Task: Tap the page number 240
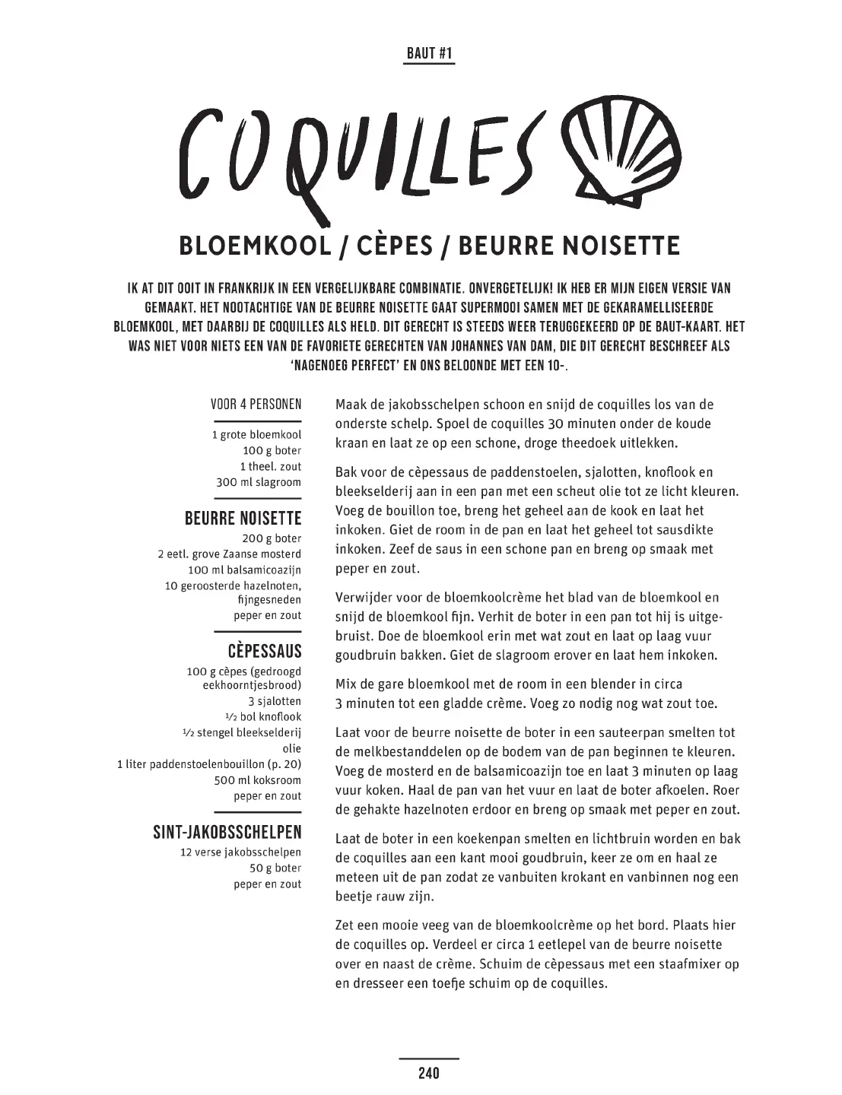coord(429,1073)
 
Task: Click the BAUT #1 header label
coord(429,53)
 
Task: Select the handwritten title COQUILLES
coord(361,160)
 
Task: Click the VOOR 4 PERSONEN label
coord(256,405)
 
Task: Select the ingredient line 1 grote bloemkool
coord(256,435)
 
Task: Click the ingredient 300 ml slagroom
coord(259,482)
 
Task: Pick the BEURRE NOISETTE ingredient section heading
coord(243,519)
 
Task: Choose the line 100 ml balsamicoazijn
coord(244,570)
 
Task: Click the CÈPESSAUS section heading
coord(264,651)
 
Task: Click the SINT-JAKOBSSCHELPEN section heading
coord(227,833)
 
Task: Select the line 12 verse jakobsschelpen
coord(241,852)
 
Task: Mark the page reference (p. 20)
coord(283,764)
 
